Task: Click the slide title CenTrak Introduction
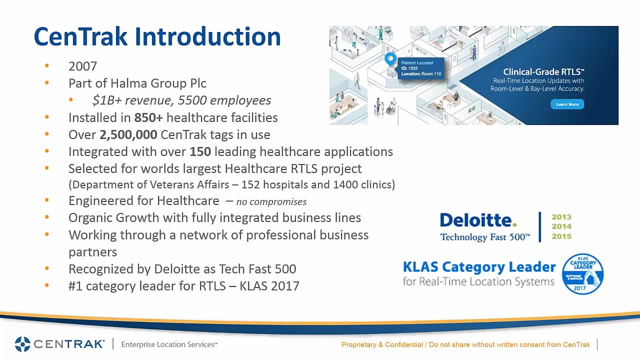[x=157, y=37]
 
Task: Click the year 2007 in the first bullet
[x=82, y=66]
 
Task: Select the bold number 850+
[x=148, y=118]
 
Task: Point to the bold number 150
[x=200, y=152]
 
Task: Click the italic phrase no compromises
[x=271, y=201]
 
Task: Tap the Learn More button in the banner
[x=567, y=104]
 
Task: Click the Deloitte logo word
[x=478, y=220]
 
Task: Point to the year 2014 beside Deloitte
[x=561, y=226]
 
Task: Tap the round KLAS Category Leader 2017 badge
[x=582, y=273]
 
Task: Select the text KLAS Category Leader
[x=479, y=267]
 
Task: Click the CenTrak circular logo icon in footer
[x=23, y=344]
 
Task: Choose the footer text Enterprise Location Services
[x=169, y=344]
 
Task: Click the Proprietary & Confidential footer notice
[x=465, y=344]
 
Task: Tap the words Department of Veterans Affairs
[x=150, y=184]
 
